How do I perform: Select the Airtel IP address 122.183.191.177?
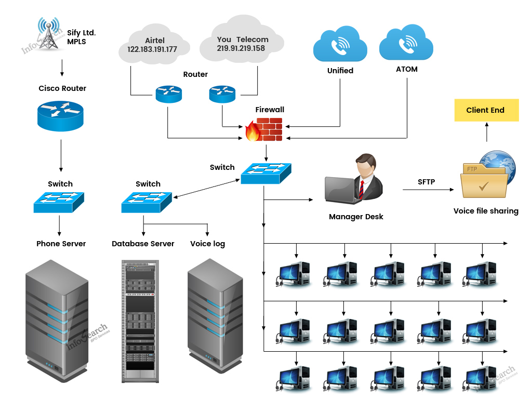pyautogui.click(x=152, y=49)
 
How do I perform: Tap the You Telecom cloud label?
pyautogui.click(x=243, y=39)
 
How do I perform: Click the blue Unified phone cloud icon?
pyautogui.click(x=340, y=45)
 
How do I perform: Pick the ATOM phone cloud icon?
pyautogui.click(x=406, y=44)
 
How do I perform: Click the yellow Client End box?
pyautogui.click(x=486, y=110)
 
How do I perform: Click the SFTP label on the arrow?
pyautogui.click(x=427, y=182)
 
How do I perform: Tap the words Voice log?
pyautogui.click(x=207, y=244)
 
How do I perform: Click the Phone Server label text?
pyautogui.click(x=61, y=244)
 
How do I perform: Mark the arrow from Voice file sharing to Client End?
pyautogui.click(x=487, y=132)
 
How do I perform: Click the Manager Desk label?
pyautogui.click(x=356, y=217)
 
